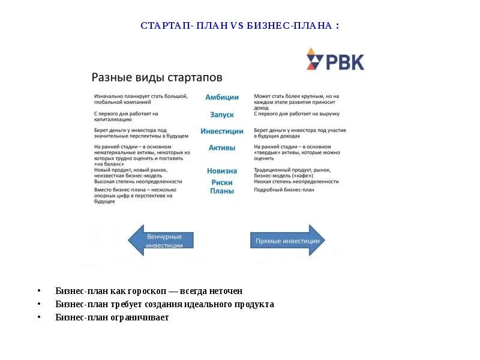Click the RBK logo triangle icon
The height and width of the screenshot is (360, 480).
point(314,59)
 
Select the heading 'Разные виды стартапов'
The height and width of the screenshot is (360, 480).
point(157,77)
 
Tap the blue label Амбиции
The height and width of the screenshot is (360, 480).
point(222,97)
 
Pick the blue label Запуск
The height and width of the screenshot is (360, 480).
point(222,114)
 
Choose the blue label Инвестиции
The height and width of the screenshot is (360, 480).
point(222,131)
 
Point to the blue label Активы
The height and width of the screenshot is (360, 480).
point(222,148)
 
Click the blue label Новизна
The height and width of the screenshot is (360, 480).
point(222,171)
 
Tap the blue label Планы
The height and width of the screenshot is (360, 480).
point(222,191)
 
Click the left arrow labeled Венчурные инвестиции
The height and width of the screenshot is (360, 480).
point(161,241)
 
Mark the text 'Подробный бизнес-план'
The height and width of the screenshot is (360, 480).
point(284,190)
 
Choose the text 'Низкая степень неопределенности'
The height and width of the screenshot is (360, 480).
point(296,181)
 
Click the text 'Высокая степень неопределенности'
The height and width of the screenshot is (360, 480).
point(138,181)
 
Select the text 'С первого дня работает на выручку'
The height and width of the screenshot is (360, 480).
point(297,113)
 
